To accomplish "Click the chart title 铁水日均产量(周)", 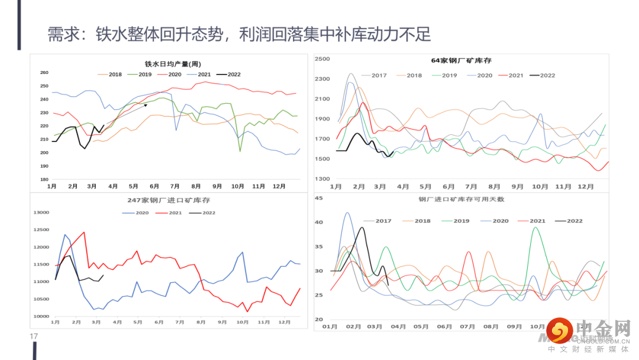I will click(173, 64).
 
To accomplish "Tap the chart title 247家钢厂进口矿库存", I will click(169, 200).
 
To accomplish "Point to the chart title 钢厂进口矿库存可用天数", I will click(461, 200).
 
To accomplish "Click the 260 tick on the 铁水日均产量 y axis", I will click(44, 73).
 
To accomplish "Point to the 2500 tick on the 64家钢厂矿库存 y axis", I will click(322, 59).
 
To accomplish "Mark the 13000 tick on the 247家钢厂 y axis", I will click(42, 213).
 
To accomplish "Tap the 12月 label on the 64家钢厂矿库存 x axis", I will click(585, 187).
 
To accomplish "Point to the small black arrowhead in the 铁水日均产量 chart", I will click(146, 105).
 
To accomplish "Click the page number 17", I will click(34, 337).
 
